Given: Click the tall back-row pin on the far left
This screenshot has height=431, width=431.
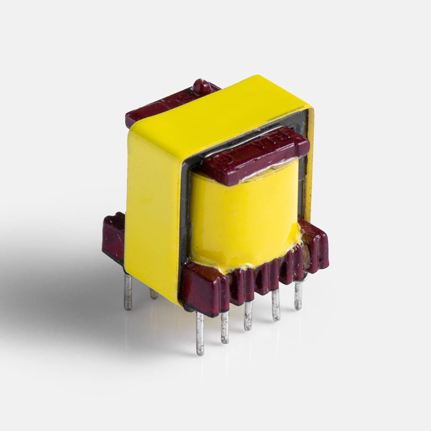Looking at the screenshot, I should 128,291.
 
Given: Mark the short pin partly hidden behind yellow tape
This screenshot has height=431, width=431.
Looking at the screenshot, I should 154,293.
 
